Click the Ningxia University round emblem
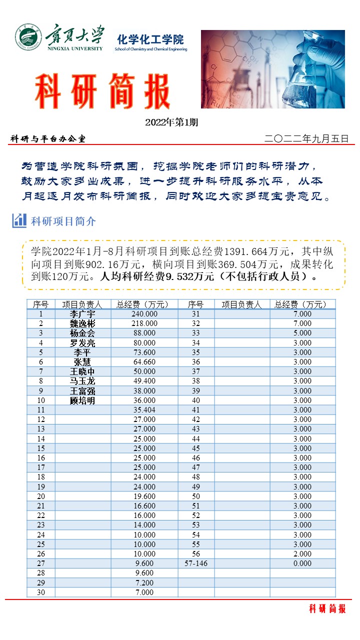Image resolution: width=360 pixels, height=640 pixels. pos(28,38)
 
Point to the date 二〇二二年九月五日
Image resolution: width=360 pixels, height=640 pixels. pos(306,138)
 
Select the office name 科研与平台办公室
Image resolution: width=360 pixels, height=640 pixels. pos(48,139)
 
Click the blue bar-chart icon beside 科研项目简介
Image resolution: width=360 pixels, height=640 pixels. pos(19,220)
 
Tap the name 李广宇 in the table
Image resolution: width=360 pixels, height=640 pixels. pos(82,314)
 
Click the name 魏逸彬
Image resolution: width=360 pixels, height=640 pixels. pos(82,323)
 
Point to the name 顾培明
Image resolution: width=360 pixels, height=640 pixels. pos(82,400)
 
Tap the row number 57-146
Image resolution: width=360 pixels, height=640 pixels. pos(195,563)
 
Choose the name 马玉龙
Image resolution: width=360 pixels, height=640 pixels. pos(82,381)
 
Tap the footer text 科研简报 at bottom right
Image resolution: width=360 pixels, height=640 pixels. pos(327,608)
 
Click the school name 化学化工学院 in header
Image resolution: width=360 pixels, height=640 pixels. pos(150,39)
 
